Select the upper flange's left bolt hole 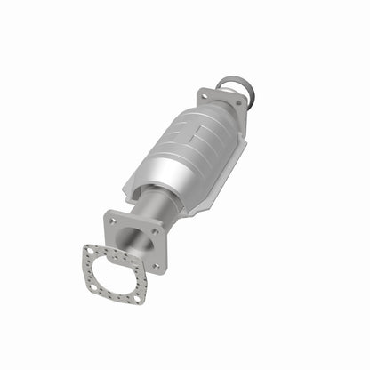tap(204, 94)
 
